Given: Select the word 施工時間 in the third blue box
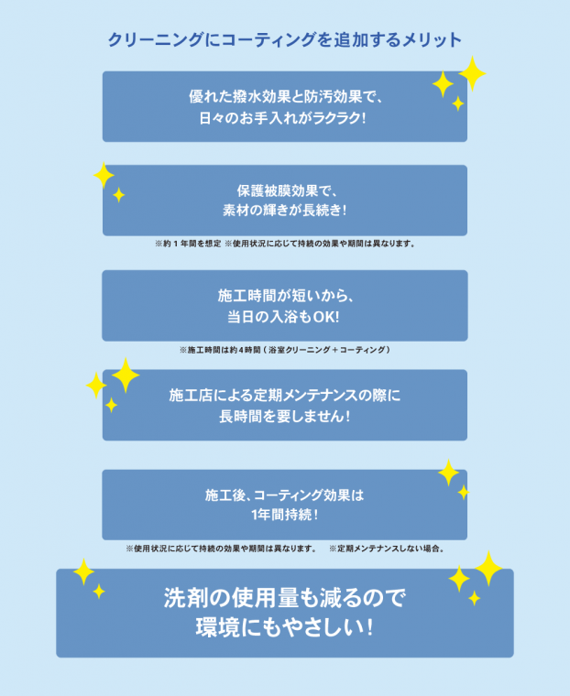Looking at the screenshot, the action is (x=247, y=296).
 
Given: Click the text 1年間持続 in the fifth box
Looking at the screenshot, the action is (x=281, y=515).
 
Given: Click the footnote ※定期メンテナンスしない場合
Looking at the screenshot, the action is (x=387, y=549).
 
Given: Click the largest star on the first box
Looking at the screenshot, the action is (x=472, y=73).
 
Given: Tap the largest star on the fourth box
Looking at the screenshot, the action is (x=126, y=375).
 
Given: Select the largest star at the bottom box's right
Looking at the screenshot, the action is (x=488, y=569).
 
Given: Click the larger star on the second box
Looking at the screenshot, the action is (x=104, y=175).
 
